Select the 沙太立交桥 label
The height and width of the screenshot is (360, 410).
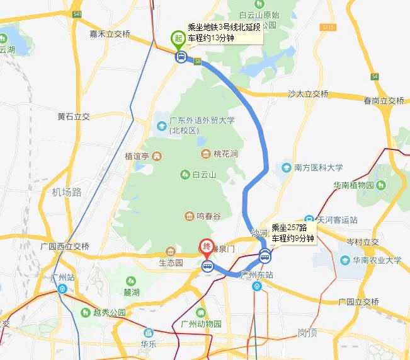(x=308, y=94)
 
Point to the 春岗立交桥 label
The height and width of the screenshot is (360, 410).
(x=384, y=101)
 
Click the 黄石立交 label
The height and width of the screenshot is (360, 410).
(x=74, y=117)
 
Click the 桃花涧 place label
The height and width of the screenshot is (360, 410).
(x=224, y=154)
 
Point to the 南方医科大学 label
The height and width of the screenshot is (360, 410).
(x=318, y=168)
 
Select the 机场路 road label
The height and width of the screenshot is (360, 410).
(x=67, y=192)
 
